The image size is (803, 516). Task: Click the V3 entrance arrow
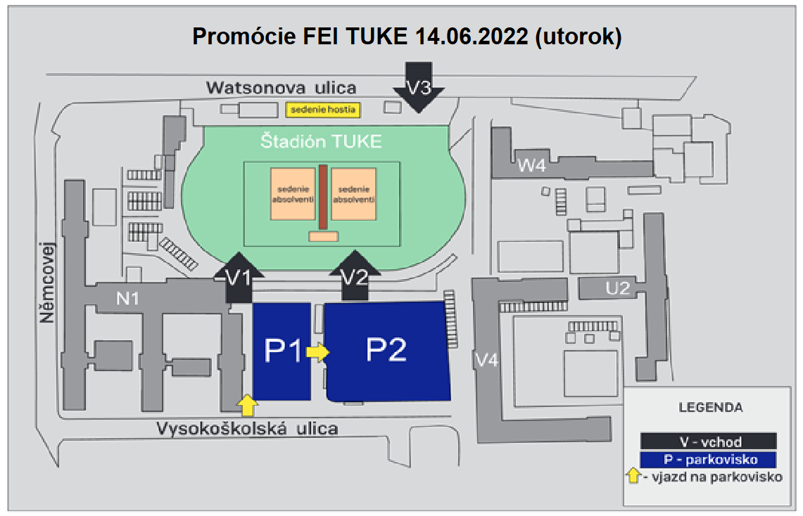pos(419,87)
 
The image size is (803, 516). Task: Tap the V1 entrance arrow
pos(239,278)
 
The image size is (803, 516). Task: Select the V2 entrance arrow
pos(355,276)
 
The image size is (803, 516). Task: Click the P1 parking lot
pos(282,351)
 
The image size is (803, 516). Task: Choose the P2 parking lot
pos(387,351)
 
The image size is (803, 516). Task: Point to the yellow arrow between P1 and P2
pos(317,351)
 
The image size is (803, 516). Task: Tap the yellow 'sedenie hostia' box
pos(323,110)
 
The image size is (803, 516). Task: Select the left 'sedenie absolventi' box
pos(293,194)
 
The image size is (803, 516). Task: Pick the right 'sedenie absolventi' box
pos(354,194)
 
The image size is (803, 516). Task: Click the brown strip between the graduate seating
pos(323,197)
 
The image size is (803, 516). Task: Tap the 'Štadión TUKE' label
pos(321,141)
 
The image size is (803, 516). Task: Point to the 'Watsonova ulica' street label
pos(281,87)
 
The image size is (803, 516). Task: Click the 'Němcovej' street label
pos(46,283)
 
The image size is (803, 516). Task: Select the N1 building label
pos(127,298)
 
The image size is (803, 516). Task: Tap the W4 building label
pos(531,166)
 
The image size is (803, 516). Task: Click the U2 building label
pos(618,288)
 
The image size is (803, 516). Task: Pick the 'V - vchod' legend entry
pos(708,441)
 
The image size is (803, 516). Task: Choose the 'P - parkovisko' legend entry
pos(708,459)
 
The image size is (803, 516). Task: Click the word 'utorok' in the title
pos(578,37)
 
